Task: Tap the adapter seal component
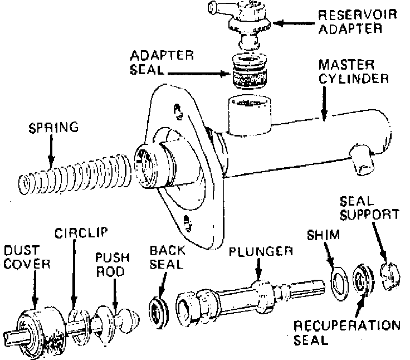249,71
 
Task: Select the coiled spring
75,174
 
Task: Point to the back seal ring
158,312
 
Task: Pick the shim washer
340,283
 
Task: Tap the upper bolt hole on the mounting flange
178,111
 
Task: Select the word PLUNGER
261,251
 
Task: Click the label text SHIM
324,235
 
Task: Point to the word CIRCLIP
81,233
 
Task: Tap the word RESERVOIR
358,15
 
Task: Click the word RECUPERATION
347,326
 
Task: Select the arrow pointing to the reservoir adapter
294,23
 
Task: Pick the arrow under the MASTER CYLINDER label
324,104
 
